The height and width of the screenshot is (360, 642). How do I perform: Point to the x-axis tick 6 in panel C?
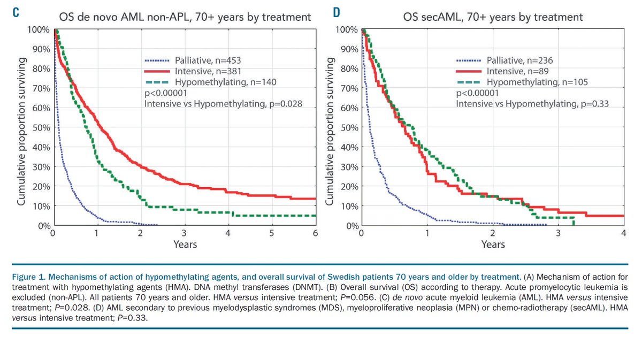[315, 234]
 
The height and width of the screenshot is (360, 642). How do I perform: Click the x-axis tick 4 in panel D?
[624, 234]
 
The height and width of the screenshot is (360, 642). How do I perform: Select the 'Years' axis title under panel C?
[185, 244]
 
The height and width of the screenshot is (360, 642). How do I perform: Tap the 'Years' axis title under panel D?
[493, 244]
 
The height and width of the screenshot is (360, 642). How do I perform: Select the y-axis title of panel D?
[330, 127]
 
